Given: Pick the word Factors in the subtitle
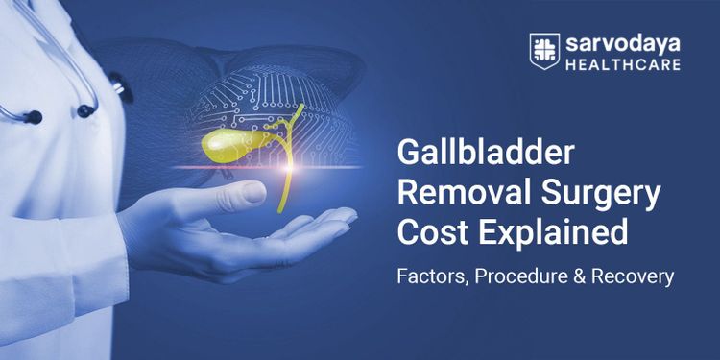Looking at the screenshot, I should (429, 276).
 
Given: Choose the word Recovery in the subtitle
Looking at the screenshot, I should (631, 276).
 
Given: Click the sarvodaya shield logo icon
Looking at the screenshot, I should (543, 53).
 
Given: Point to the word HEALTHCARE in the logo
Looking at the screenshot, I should (621, 65).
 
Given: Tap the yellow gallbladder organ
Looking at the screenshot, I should (230, 144).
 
